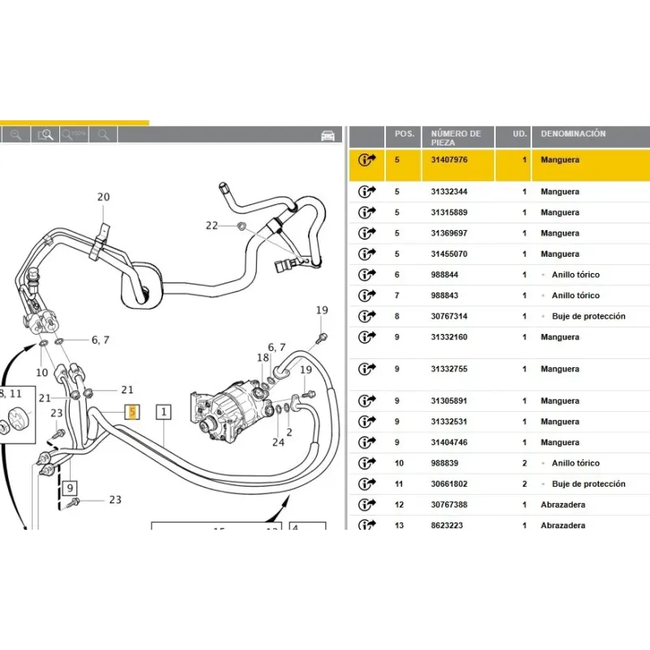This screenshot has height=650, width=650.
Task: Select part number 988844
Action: coord(445,275)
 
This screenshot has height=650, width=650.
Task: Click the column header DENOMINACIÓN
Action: coord(573,133)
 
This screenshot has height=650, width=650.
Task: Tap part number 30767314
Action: coord(448,316)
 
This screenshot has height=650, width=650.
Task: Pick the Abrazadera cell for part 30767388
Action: coord(562,505)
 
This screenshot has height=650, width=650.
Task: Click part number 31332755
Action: coord(448,369)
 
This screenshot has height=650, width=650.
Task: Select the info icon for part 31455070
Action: coord(367,254)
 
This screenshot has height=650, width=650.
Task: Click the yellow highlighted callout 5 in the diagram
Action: coord(132,412)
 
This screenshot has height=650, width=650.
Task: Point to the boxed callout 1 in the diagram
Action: coord(163,412)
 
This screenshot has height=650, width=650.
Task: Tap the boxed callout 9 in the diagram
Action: coord(71,488)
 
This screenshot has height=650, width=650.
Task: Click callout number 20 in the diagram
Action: coord(103,197)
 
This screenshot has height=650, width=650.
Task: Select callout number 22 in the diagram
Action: coord(212,225)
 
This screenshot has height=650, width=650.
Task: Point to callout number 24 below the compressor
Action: coord(279,443)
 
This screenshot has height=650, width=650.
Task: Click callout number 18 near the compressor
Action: coord(262,358)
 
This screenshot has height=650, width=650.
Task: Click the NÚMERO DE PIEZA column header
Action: coord(456,137)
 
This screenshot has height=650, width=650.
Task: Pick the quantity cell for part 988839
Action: coord(524,463)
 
